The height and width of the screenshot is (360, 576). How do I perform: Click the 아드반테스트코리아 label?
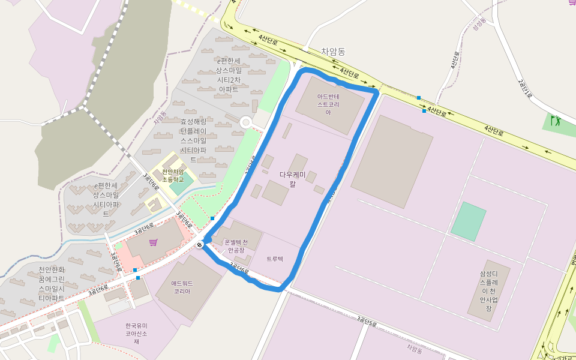(x=328, y=104)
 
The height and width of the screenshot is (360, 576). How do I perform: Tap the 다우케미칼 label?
(x=293, y=179)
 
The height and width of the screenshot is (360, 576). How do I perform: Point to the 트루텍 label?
(x=275, y=259)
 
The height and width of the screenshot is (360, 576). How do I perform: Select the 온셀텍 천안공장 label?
(x=239, y=246)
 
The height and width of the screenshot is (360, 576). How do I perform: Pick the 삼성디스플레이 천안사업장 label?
(x=489, y=290)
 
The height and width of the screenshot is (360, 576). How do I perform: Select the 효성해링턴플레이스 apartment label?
(x=193, y=140)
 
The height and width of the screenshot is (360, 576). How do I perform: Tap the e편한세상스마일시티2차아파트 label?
(x=228, y=75)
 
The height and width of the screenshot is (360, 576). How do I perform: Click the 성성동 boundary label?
(x=478, y=25)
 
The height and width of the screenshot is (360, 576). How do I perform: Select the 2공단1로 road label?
(x=524, y=88)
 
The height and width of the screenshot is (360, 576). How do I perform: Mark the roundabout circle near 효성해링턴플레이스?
(x=245, y=122)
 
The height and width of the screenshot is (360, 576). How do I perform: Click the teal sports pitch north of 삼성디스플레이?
(x=468, y=221)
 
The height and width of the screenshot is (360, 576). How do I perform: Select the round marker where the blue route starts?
(x=200, y=244)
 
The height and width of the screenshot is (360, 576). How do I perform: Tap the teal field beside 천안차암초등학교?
(x=182, y=183)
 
